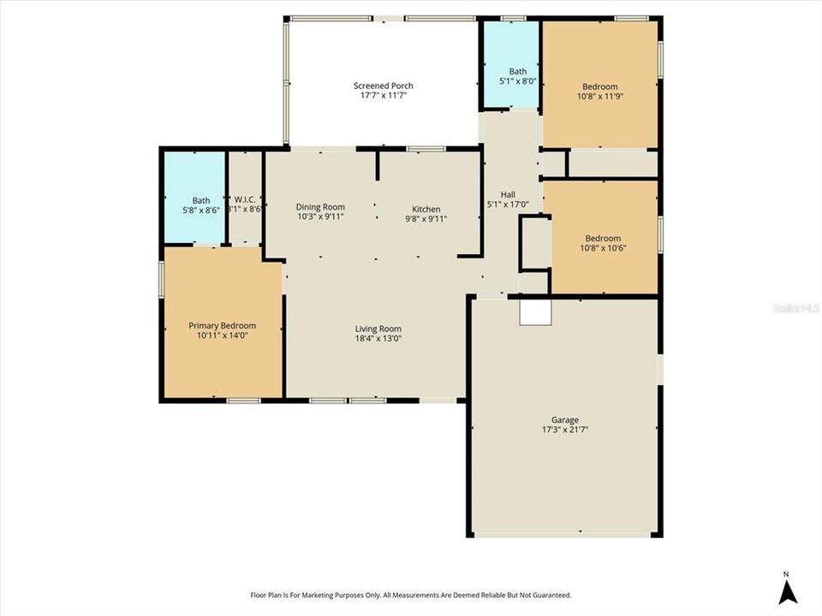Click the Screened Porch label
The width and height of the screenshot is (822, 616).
coord(383,86)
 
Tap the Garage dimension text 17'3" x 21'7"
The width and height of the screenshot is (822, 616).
coord(564,429)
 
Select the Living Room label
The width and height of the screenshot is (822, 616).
coord(378,329)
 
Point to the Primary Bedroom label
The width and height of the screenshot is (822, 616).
coord(222,326)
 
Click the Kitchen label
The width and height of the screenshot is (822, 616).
coord(426,210)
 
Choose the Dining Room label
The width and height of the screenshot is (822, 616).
coord(320,207)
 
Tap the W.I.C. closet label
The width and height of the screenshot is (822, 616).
coord(245,200)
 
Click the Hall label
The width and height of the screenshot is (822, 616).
coord(508,194)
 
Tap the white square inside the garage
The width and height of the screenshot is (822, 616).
coord(535,311)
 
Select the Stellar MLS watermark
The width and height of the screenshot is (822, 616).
coord(796,306)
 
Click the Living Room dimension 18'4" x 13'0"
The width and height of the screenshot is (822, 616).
coord(378,339)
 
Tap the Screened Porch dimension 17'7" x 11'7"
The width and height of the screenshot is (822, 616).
coord(383,96)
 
